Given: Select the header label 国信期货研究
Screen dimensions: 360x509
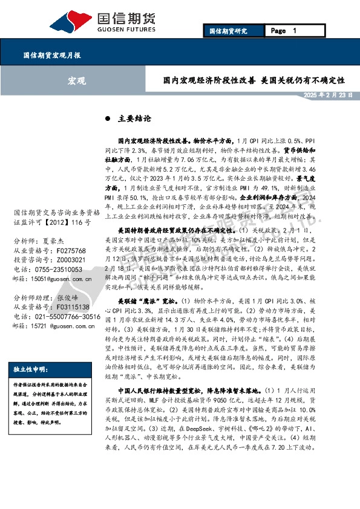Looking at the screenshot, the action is tap(228, 31).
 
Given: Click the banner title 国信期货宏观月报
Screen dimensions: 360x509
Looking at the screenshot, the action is tap(52, 55).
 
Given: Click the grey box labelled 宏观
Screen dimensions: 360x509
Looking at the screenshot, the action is tap(76, 80).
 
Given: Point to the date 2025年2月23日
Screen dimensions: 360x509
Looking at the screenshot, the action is tap(327, 96).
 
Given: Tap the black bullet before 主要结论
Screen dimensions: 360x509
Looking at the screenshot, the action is tap(108, 118).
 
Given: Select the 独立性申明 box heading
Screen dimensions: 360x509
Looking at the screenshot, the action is tap(29, 370).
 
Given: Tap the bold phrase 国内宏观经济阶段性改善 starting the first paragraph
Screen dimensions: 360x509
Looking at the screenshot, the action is tap(154, 139).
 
